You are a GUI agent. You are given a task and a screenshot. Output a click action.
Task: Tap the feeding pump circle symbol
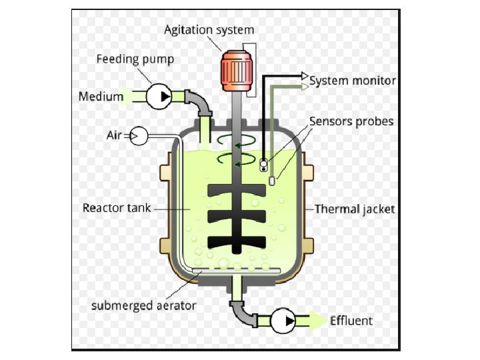[x=159, y=97]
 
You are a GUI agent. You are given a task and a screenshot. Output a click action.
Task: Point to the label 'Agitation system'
[x=209, y=30]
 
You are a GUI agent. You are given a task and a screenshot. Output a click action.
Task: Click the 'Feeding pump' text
[x=135, y=59]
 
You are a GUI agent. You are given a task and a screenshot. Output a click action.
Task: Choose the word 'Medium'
[x=101, y=97]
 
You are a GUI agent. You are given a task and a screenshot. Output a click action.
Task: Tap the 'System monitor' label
[x=353, y=81]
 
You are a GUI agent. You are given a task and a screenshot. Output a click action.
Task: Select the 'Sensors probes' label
[x=351, y=121]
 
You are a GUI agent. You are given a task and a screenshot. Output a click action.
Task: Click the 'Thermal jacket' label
[x=355, y=209]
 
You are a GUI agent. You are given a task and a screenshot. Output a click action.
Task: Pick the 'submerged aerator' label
[x=143, y=306]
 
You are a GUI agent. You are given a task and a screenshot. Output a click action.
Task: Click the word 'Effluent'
[x=351, y=321]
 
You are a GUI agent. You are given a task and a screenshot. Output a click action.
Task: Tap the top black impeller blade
[x=237, y=190]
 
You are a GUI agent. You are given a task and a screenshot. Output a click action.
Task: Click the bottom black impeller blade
[x=237, y=242]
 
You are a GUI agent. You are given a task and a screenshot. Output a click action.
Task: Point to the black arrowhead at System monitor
[x=304, y=75]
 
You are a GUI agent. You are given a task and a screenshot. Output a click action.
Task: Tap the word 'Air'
[x=115, y=135]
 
